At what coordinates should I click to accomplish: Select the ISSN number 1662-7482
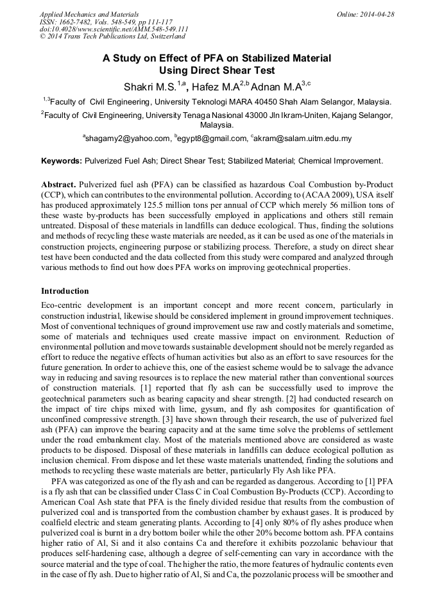coord(80,22)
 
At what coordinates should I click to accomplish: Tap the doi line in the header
coord(114,29)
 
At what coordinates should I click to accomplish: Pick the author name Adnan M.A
coord(274,87)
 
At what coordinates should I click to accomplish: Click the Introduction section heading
coord(65,291)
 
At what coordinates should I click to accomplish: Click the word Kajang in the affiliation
coord(346,115)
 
